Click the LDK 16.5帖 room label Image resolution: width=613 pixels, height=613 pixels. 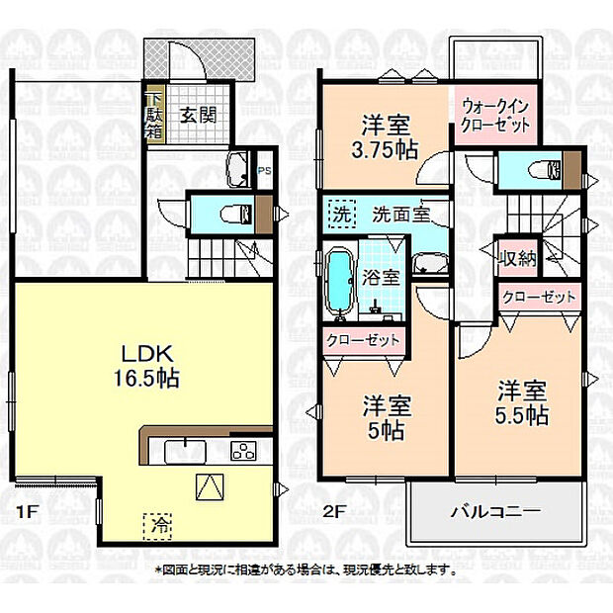[x=146, y=366]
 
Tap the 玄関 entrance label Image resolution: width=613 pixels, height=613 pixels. [x=198, y=116]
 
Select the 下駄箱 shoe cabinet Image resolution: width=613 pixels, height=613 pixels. [x=153, y=116]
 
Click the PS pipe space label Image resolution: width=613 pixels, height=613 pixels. [x=265, y=171]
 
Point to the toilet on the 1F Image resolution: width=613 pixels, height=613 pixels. [x=237, y=215]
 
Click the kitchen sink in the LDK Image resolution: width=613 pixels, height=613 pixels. [x=185, y=452]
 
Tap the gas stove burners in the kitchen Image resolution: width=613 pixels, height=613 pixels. [x=244, y=451]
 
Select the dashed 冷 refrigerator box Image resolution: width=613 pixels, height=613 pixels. [x=158, y=526]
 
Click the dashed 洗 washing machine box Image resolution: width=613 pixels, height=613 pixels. [x=342, y=214]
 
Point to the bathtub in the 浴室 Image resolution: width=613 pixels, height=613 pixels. [x=340, y=283]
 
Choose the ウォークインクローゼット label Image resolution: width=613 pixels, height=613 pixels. [x=495, y=116]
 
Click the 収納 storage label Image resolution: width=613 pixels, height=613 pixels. [x=518, y=258]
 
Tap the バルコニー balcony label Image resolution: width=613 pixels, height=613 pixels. [x=495, y=510]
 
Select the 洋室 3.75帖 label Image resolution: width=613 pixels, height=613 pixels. [x=385, y=137]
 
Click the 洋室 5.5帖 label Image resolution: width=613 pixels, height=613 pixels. [x=522, y=403]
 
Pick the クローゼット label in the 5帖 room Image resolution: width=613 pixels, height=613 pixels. [x=363, y=340]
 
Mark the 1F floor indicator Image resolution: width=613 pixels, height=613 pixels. [x=26, y=512]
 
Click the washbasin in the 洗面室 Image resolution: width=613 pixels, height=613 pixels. [x=430, y=263]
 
